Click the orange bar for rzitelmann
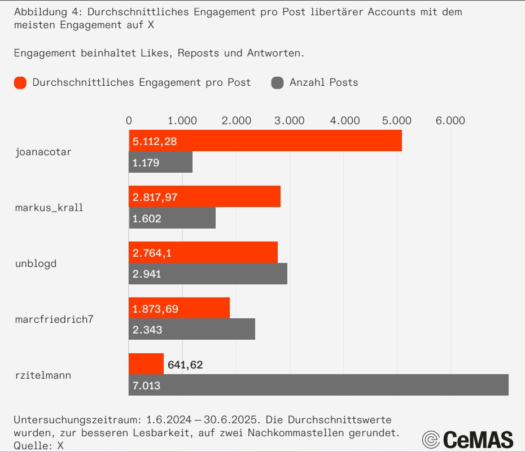pyautogui.click(x=146, y=364)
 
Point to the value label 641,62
pyautogui.click(x=185, y=365)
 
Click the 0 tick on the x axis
pyautogui.click(x=129, y=120)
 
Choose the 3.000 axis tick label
pyautogui.click(x=290, y=120)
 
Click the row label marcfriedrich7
pyautogui.click(x=54, y=319)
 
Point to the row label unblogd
pyautogui.click(x=36, y=263)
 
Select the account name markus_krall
pyautogui.click(x=49, y=207)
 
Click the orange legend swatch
pyautogui.click(x=20, y=83)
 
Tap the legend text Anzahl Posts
pyautogui.click(x=323, y=82)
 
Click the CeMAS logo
pyautogui.click(x=468, y=439)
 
